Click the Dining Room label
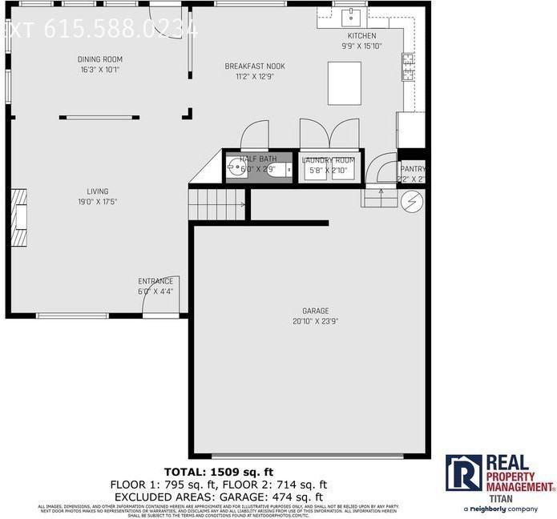click(x=100, y=59)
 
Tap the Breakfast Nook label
click(x=255, y=66)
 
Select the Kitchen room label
click(x=361, y=36)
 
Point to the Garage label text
click(x=316, y=311)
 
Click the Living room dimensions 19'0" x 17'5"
click(x=97, y=202)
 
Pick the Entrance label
click(x=155, y=281)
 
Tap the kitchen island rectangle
click(x=345, y=83)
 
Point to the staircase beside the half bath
click(x=217, y=203)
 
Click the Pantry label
click(x=414, y=169)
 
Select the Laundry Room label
click(x=329, y=160)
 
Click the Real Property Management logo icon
click(x=463, y=473)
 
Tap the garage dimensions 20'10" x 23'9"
click(x=316, y=322)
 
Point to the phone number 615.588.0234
click(x=120, y=30)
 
